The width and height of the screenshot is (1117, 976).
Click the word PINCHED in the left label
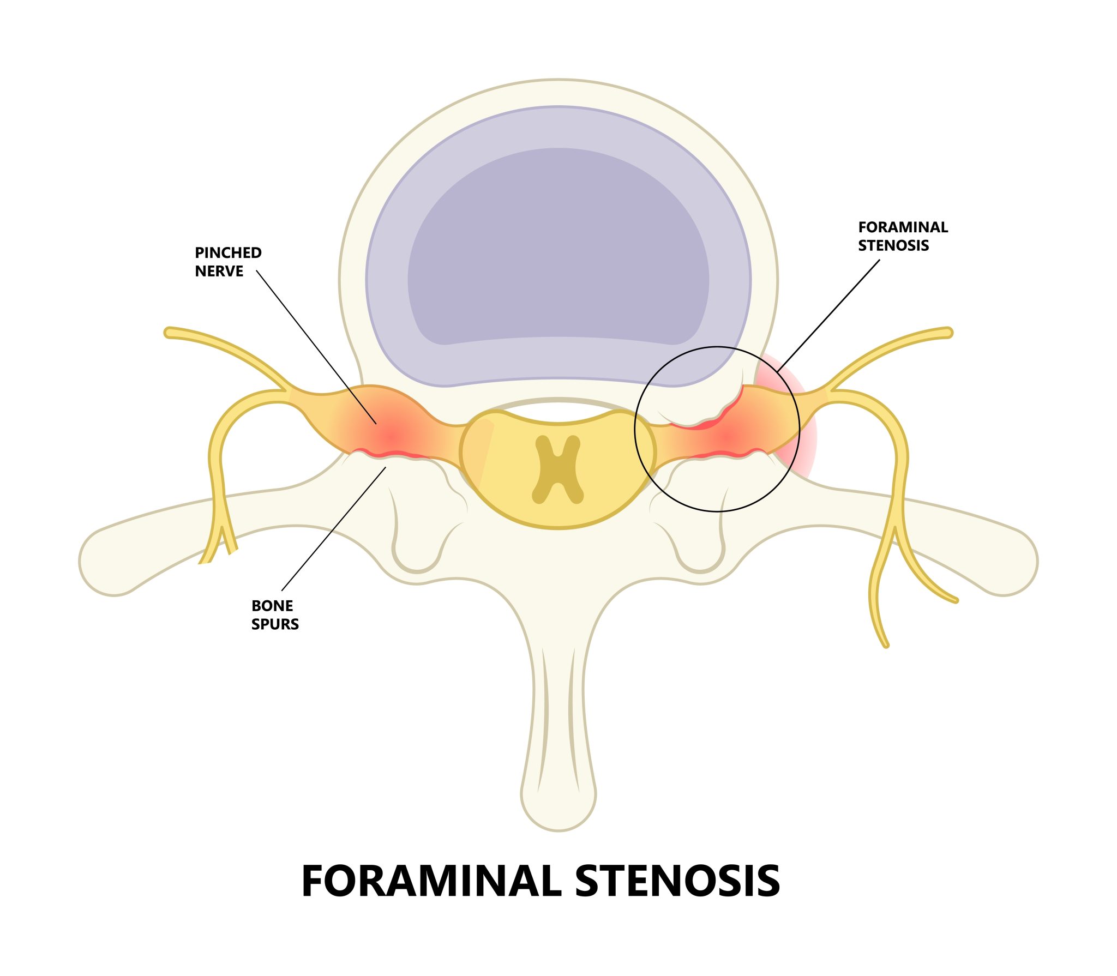pyautogui.click(x=228, y=253)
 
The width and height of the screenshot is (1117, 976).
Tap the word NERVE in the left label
pyautogui.click(x=219, y=272)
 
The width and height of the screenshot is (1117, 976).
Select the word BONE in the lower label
pyautogui.click(x=272, y=606)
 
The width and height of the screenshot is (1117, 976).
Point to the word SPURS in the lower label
pyautogui.click(x=275, y=624)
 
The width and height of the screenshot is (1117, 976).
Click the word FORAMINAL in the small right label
pyautogui.click(x=903, y=227)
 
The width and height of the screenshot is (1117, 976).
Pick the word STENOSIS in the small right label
pyautogui.click(x=893, y=246)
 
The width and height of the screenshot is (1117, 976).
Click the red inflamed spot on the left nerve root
pyautogui.click(x=391, y=436)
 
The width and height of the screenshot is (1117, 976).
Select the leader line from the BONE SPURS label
pyautogui.click(x=334, y=528)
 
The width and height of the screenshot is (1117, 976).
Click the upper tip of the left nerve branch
pyautogui.click(x=170, y=332)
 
